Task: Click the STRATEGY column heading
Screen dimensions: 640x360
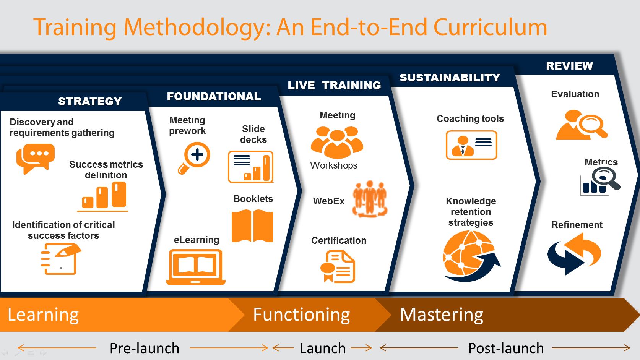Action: pyautogui.click(x=90, y=101)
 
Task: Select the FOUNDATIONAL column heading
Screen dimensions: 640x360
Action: pyautogui.click(x=214, y=96)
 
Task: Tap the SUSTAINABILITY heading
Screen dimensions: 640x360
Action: pyautogui.click(x=450, y=78)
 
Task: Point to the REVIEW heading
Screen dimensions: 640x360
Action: pyautogui.click(x=569, y=66)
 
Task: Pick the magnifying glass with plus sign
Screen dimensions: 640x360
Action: pyautogui.click(x=194, y=158)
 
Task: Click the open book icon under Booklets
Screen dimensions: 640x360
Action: pyautogui.click(x=252, y=226)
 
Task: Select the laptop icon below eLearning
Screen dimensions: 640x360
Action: pyautogui.click(x=196, y=267)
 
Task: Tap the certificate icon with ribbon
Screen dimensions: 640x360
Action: pyautogui.click(x=338, y=266)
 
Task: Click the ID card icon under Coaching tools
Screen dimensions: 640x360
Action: pyautogui.click(x=471, y=145)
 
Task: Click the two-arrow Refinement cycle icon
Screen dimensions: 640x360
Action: pyautogui.click(x=574, y=253)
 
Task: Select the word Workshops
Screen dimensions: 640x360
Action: pyautogui.click(x=334, y=165)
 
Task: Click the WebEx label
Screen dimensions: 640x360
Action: pyautogui.click(x=329, y=201)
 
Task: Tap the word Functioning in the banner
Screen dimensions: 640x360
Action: pyautogui.click(x=301, y=315)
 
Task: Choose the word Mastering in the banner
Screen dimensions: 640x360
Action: pyautogui.click(x=442, y=315)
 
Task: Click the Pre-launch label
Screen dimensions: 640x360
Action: pyautogui.click(x=144, y=348)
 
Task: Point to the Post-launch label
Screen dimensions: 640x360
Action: pyautogui.click(x=506, y=348)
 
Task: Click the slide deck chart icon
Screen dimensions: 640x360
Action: pyautogui.click(x=250, y=167)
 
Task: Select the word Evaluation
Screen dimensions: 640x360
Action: pyautogui.click(x=575, y=94)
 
